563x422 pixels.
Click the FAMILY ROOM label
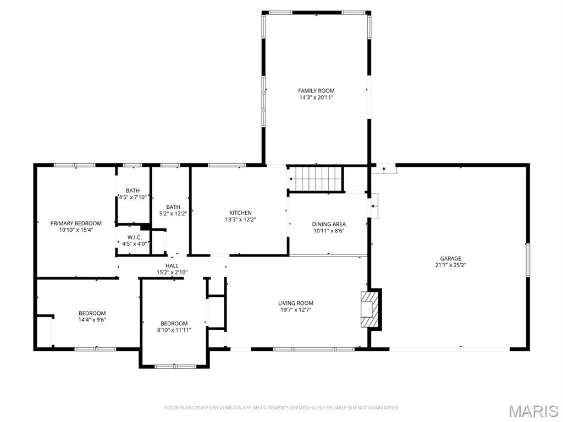[x=316, y=91]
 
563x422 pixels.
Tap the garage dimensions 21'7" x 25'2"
[x=450, y=265]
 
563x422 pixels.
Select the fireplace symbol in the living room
[x=369, y=309]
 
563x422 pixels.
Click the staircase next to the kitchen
[x=316, y=179]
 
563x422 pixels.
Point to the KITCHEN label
[x=240, y=213]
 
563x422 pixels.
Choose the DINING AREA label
[x=329, y=224]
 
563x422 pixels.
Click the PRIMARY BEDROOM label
[x=76, y=223]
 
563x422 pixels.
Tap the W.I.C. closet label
[x=135, y=237]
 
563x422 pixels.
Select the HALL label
[x=172, y=265]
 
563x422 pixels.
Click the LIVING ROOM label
[x=296, y=303]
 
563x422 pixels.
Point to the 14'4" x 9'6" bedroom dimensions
[x=92, y=319]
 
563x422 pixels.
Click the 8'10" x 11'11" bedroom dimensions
[x=174, y=330]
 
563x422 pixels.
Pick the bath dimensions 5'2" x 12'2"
[x=173, y=213]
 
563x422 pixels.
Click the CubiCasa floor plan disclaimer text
[x=281, y=408]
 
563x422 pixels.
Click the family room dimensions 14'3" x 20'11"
[x=316, y=97]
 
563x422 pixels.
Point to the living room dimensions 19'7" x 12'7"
[x=296, y=309]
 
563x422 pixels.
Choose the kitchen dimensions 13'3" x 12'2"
[x=240, y=219]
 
